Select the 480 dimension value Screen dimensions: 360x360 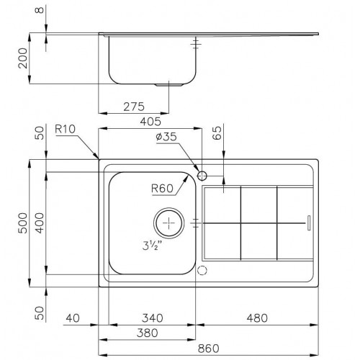[x=257, y=316]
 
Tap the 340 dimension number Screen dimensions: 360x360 [x=152, y=316]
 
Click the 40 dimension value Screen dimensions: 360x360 [x=71, y=316]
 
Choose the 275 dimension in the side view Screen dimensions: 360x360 [x=133, y=106]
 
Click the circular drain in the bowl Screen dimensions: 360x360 [x=170, y=223]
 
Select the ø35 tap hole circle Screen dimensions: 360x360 [x=202, y=175]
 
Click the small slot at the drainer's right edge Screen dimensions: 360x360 [x=309, y=223]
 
